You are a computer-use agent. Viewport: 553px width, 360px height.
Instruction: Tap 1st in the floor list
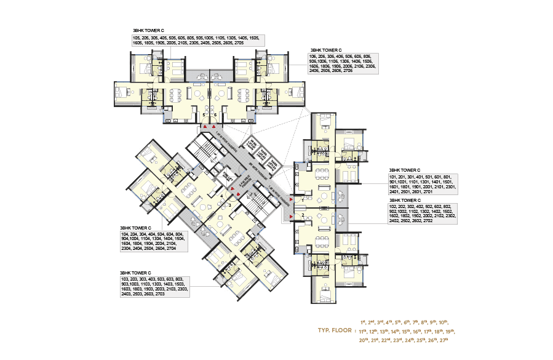(x=364, y=321)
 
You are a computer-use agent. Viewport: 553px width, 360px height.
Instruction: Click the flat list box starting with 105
(x=198, y=41)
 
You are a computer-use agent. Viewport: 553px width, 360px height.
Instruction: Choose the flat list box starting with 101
(x=421, y=184)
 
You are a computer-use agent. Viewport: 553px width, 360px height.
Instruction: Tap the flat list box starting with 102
(x=421, y=214)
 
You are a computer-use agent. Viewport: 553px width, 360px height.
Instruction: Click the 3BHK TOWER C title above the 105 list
(x=148, y=30)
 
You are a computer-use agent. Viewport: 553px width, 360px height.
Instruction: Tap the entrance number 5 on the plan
(x=204, y=115)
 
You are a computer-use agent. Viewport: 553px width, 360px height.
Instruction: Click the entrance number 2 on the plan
(x=303, y=215)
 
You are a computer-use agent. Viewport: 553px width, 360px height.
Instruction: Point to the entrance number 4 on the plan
(x=221, y=196)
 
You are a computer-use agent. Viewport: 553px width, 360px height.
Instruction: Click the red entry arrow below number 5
(x=205, y=127)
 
